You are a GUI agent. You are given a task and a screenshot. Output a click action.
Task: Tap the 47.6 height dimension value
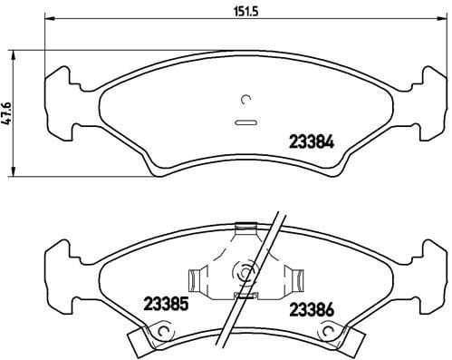coord(6,113)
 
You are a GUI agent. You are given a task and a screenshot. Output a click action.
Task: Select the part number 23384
coord(312,141)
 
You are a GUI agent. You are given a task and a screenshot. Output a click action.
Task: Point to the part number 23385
coord(166,304)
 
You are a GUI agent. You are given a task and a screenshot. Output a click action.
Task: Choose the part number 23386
coord(312,309)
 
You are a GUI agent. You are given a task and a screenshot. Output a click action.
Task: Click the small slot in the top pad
coord(245,122)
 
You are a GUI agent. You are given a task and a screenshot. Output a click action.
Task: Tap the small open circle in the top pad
coord(245,99)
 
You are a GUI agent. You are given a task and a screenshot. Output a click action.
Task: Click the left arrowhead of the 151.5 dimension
coord(49,19)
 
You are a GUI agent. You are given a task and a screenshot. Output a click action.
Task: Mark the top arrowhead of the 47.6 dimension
coord(13,55)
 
